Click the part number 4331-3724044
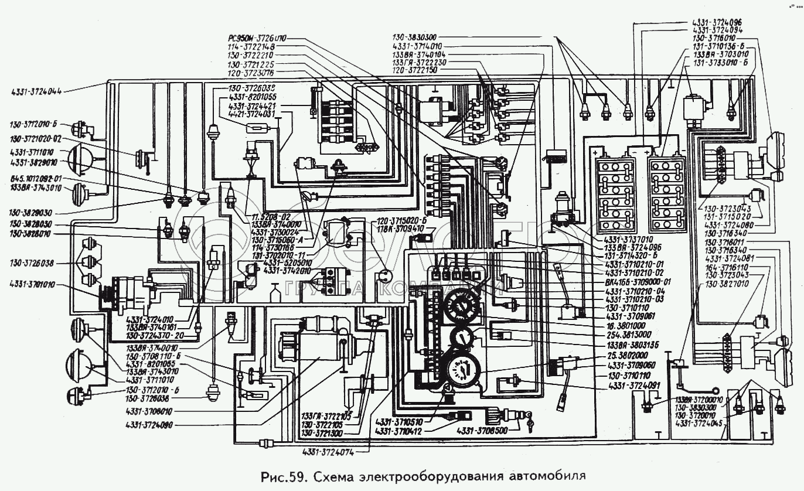[x=36, y=91]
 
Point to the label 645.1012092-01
[x=36, y=178]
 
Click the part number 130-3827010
[x=729, y=284]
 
